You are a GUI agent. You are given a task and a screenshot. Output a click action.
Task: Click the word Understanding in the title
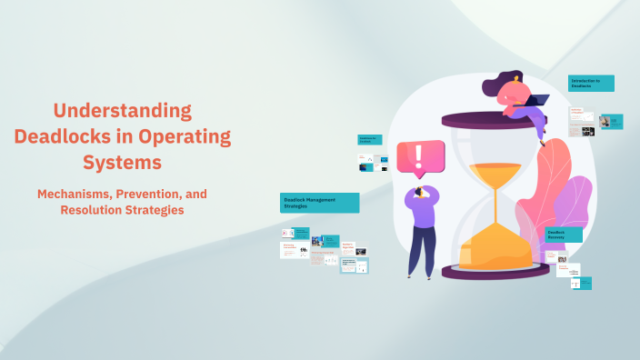tap(123, 111)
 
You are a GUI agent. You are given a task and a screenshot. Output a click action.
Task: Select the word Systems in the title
tap(123, 163)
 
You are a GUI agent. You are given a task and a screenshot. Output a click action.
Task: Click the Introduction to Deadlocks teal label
tap(591, 83)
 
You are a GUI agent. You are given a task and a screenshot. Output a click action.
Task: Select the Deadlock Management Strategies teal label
tap(319, 203)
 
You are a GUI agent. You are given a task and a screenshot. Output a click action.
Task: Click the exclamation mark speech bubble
tap(419, 156)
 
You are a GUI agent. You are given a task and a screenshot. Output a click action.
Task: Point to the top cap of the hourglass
tap(495, 120)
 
